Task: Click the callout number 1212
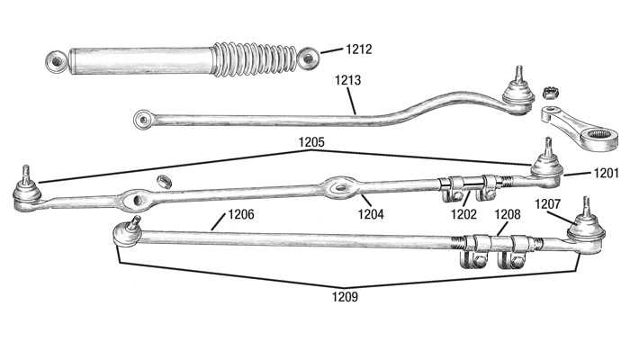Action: pos(359,49)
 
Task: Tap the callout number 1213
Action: pos(348,80)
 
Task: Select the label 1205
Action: pos(311,142)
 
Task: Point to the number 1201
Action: pos(607,174)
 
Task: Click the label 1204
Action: pos(371,214)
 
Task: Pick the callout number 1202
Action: pos(463,214)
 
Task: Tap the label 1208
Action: pos(508,214)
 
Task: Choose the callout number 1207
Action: pos(547,204)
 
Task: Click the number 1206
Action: pos(241,214)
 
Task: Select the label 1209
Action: pos(345,297)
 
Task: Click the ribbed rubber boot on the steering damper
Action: pos(254,59)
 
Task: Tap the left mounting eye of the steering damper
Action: pos(57,62)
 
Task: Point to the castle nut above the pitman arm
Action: pos(548,93)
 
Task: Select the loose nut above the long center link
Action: pos(164,181)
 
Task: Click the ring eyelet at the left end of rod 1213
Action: pos(142,120)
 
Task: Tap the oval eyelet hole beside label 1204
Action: pos(341,187)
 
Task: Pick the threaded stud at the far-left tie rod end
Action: pos(26,175)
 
